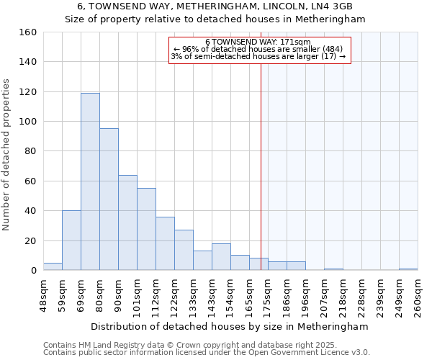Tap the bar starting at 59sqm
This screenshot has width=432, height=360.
pyautogui.click(x=71, y=240)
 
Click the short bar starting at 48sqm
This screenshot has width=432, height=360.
pyautogui.click(x=53, y=266)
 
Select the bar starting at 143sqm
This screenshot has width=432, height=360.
pyautogui.click(x=221, y=257)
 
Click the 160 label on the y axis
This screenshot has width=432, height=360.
pyautogui.click(x=28, y=32)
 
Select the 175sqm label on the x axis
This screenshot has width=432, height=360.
pyautogui.click(x=269, y=295)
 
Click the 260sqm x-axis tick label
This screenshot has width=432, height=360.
pyautogui.click(x=418, y=295)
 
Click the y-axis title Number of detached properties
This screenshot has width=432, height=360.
pyautogui.click(x=7, y=151)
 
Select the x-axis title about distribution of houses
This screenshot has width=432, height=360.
pyautogui.click(x=230, y=326)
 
